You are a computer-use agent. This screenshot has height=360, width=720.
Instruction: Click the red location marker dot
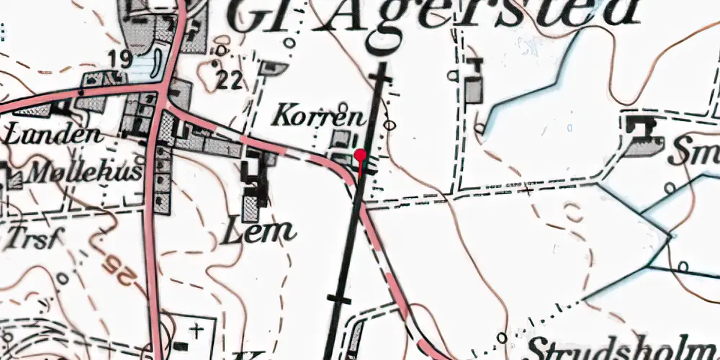pyautogui.click(x=360, y=154)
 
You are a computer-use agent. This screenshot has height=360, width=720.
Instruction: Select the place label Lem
pyautogui.click(x=260, y=231)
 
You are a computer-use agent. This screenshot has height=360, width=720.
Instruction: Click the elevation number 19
pyautogui.click(x=121, y=59)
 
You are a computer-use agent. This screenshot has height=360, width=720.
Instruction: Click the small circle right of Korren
pyautogui.click(x=390, y=125)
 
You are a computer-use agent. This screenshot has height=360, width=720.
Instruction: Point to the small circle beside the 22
pyautogui.click(x=221, y=50)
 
